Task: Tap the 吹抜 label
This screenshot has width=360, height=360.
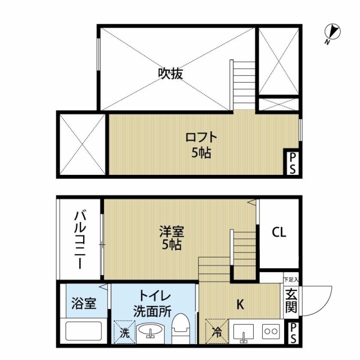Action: click(170, 74)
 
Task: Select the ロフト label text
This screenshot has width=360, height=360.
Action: click(201, 137)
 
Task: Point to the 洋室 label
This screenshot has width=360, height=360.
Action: click(172, 231)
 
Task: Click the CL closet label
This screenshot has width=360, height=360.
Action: click(279, 232)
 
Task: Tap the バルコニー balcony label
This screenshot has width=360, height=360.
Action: click(80, 240)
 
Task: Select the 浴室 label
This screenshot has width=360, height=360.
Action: click(84, 303)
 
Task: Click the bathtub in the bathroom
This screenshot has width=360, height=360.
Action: click(84, 331)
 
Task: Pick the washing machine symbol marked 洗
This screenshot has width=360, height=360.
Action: click(124, 332)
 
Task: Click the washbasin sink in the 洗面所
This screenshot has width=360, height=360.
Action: click(151, 331)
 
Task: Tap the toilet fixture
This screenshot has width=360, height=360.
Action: click(181, 328)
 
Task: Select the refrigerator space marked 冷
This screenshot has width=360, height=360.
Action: click(217, 331)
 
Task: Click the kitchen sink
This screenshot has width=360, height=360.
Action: click(244, 332)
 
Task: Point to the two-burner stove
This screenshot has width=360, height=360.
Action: click(271, 331)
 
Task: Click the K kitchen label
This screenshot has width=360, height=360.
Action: click(240, 305)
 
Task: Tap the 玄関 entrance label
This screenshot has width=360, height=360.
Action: click(291, 301)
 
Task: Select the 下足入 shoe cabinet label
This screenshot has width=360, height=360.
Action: click(291, 280)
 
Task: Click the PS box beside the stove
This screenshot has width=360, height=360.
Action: click(293, 333)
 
